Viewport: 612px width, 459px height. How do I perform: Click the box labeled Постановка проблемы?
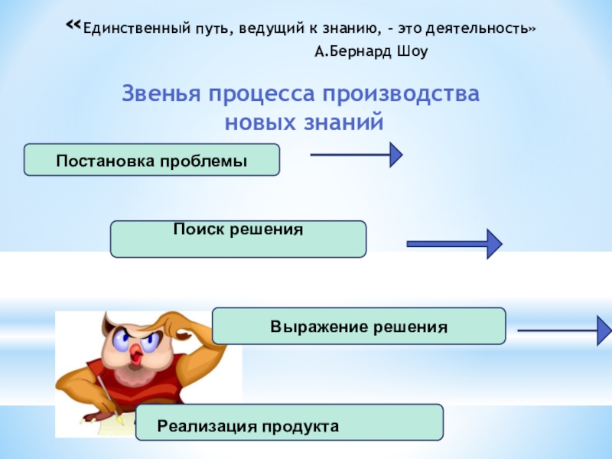click(152, 160)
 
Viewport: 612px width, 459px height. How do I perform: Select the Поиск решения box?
click(238, 239)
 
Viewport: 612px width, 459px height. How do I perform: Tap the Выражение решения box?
click(358, 326)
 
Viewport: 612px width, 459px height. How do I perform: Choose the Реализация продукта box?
click(289, 422)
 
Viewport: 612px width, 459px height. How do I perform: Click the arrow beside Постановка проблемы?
click(356, 155)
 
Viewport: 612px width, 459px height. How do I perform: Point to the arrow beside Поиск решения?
click(454, 244)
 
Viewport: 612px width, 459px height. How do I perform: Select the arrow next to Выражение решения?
click(564, 331)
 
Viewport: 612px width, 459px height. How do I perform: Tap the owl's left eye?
click(122, 336)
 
